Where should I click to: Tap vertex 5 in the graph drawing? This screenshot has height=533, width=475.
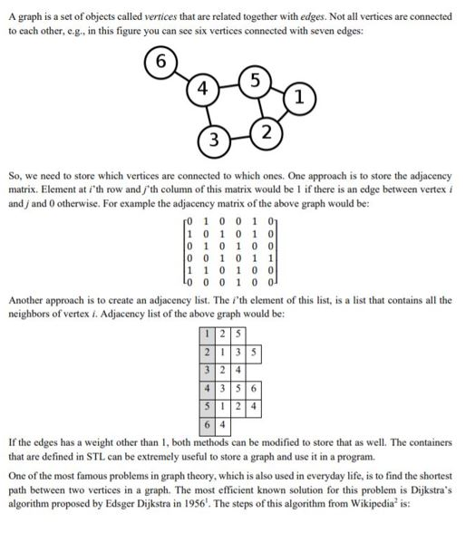tap(257, 81)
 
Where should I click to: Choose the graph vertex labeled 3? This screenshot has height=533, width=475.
tap(213, 141)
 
